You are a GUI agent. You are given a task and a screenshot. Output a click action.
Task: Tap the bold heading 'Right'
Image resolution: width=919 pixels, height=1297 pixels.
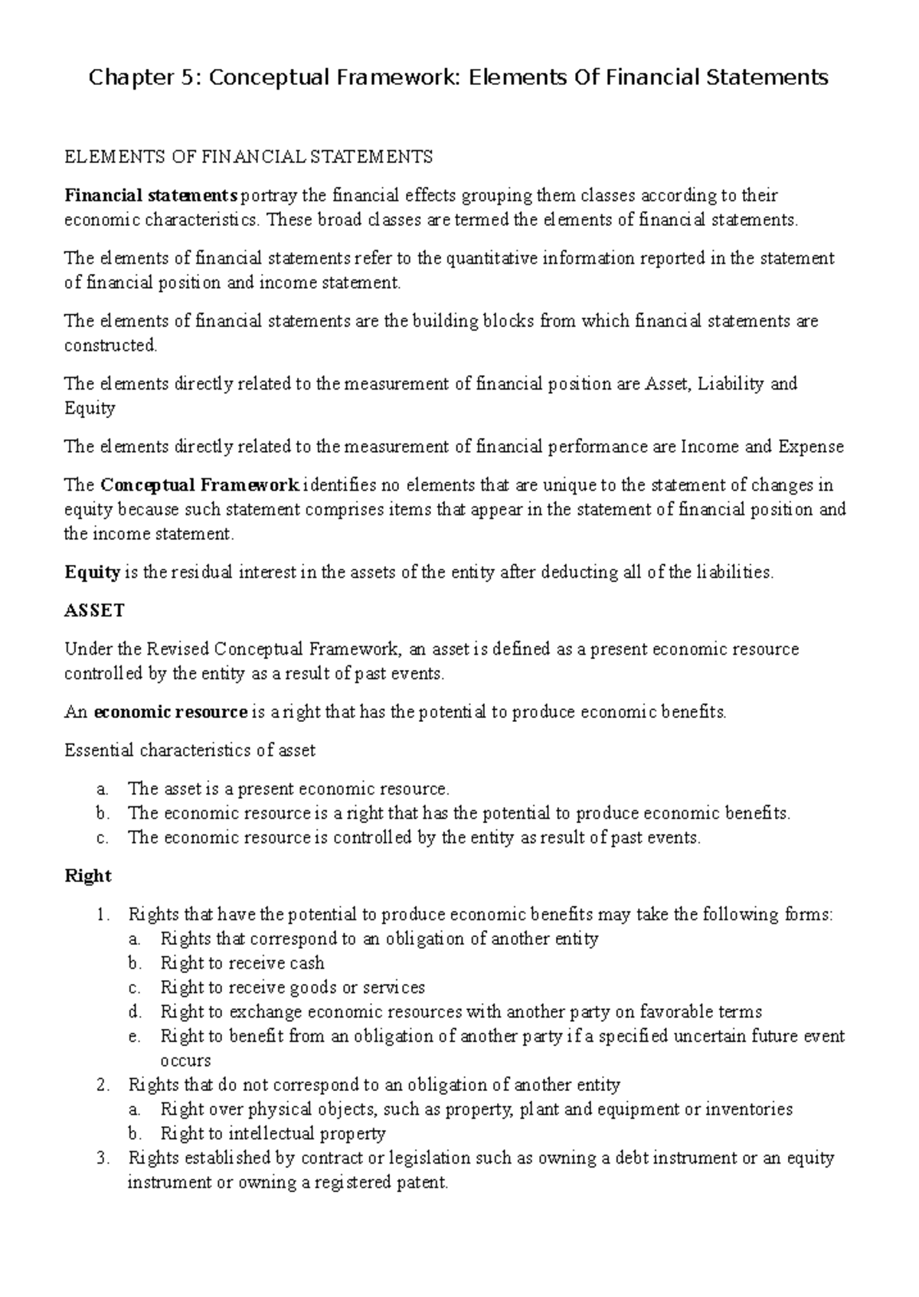coord(88,876)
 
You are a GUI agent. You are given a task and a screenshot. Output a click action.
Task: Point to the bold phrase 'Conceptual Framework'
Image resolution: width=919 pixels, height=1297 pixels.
coord(201,485)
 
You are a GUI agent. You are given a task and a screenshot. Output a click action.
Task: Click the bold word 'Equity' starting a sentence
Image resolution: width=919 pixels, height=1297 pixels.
coord(92,573)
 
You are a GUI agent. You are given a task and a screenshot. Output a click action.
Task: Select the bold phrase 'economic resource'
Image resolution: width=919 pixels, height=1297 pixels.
coord(170,712)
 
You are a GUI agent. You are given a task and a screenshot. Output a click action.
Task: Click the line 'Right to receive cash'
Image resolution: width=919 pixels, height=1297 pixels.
coord(242,963)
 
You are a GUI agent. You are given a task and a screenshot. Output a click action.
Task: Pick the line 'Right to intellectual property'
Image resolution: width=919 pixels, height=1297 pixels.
coord(273,1133)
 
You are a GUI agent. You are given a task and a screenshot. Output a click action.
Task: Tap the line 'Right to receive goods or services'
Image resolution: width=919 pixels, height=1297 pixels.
coord(293,988)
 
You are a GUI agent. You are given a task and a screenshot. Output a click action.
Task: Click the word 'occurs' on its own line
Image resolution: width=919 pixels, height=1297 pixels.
coord(185,1061)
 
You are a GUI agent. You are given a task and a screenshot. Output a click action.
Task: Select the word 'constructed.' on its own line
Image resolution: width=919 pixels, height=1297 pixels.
coord(110,345)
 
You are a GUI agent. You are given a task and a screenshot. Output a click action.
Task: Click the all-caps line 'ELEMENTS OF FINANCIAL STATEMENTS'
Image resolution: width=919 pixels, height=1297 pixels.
coord(248,158)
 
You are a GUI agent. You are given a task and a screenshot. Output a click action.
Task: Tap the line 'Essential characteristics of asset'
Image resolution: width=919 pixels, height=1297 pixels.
coord(190,750)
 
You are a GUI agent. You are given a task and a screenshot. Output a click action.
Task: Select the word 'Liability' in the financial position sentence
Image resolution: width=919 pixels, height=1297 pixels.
coord(732,384)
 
